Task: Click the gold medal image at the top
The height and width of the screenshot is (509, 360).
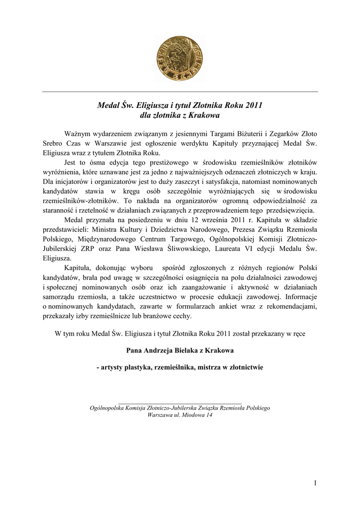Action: [180, 59]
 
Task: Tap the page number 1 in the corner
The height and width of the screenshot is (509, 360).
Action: [315, 483]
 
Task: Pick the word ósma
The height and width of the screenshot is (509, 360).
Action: [104, 163]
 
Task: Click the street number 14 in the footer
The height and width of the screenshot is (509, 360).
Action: [209, 415]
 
